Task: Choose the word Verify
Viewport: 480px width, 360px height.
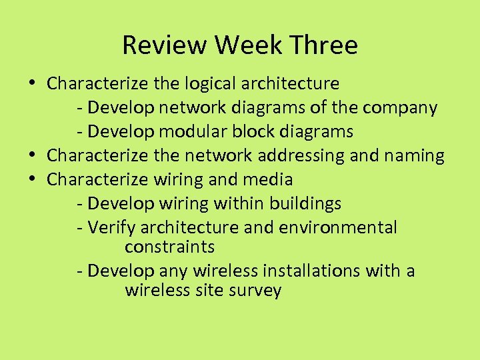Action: pyautogui.click(x=112, y=228)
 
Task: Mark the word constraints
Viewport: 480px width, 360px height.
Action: pyautogui.click(x=169, y=247)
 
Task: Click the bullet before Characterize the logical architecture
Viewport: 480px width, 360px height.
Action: pyautogui.click(x=33, y=84)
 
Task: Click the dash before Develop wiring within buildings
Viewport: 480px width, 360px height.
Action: pyautogui.click(x=80, y=204)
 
